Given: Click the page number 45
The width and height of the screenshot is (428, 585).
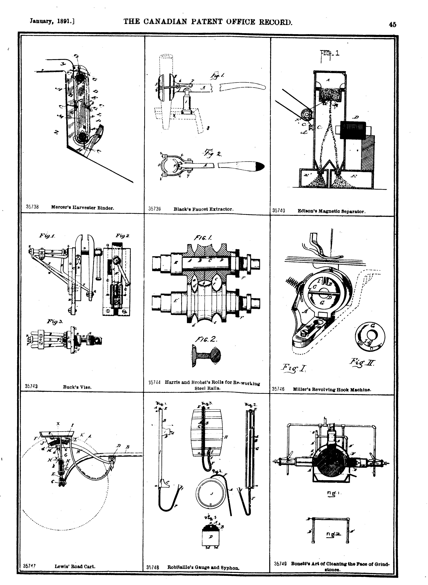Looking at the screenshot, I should pos(392,25).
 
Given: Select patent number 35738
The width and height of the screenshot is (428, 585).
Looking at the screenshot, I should pos(32,207).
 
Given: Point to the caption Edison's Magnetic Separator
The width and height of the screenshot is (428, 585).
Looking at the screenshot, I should pos(331,211).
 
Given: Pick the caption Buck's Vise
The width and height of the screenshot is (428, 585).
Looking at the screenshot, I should pos(77,387).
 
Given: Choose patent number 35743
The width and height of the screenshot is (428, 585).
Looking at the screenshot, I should pos(32,386).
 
